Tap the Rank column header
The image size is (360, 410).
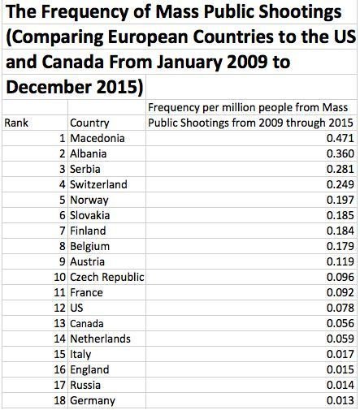(16, 123)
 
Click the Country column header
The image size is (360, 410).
(90, 123)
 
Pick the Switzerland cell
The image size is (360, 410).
(99, 185)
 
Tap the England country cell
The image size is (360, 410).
(93, 370)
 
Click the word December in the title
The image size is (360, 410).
(46, 84)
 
